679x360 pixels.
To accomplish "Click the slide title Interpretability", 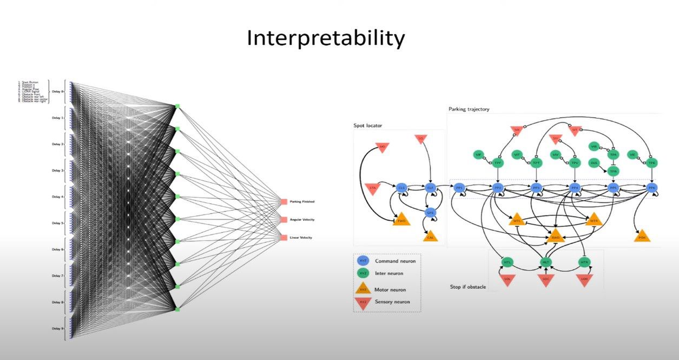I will tap(325, 39).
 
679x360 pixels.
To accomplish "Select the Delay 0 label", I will tap(57, 92).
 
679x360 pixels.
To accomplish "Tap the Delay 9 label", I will tap(57, 329).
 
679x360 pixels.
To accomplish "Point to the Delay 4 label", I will tap(57, 197).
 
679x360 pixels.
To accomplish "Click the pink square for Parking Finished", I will tap(284, 202).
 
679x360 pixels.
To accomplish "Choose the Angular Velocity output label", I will tap(301, 220).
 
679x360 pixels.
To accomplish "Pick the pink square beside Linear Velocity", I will tap(284, 238).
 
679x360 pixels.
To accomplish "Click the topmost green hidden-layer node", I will tap(177, 106).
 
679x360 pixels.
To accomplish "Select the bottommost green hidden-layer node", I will tap(177, 309).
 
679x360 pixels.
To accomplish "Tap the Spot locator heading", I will tap(368, 126).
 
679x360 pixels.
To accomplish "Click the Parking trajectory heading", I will tap(469, 109).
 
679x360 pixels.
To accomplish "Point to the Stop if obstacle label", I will tap(468, 286).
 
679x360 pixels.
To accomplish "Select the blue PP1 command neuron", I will tap(459, 188).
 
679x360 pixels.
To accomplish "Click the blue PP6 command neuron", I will tap(652, 188).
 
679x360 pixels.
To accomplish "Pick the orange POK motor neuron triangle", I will tap(642, 237).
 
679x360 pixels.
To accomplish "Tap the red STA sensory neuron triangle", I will tap(372, 187).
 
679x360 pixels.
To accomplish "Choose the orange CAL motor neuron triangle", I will tap(431, 236).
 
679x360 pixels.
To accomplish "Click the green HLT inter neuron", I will tap(546, 262).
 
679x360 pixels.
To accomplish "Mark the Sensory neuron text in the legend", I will tap(392, 302).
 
